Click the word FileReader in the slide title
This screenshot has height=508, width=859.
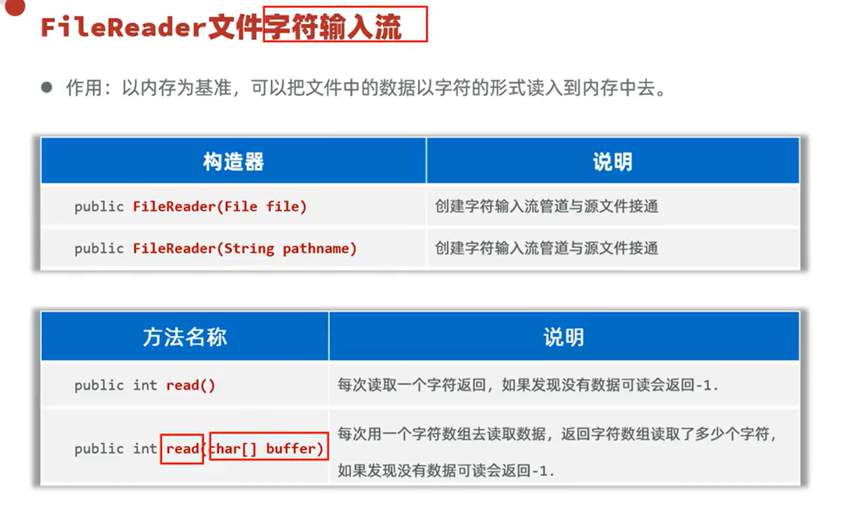[123, 27]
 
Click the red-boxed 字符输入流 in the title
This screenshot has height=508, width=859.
[345, 25]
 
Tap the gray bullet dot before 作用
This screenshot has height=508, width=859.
[47, 88]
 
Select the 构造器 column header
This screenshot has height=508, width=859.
[233, 162]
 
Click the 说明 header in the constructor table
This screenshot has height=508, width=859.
[613, 162]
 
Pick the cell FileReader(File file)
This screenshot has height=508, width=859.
[220, 206]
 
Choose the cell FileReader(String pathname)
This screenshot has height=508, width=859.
[244, 248]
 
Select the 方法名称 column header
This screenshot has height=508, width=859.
[185, 337]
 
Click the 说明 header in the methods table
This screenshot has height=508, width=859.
[564, 337]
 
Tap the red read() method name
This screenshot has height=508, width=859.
[191, 385]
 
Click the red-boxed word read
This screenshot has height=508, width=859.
[182, 449]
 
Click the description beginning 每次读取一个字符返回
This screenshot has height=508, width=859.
[527, 385]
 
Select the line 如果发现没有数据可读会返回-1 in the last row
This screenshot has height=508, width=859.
[445, 470]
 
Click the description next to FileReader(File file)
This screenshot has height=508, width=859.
[546, 206]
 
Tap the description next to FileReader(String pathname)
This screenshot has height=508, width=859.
[546, 248]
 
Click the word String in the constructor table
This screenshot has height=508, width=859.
[249, 248]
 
